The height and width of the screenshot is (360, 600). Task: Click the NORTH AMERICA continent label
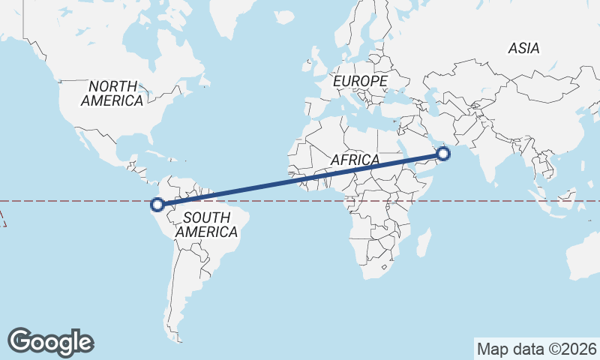pyautogui.click(x=112, y=93)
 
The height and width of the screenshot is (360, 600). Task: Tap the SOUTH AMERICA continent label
pyautogui.click(x=206, y=225)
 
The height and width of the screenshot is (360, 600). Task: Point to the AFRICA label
pyautogui.click(x=355, y=160)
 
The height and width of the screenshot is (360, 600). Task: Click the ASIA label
pyautogui.click(x=523, y=48)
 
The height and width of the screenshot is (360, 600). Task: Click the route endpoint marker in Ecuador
pyautogui.click(x=157, y=204)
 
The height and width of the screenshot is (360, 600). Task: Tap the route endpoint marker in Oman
pyautogui.click(x=443, y=154)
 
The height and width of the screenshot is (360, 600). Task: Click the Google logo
pyautogui.click(x=51, y=342)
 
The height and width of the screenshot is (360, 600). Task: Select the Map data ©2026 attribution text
pyautogui.click(x=537, y=349)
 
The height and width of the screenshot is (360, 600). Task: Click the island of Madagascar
pyautogui.click(x=424, y=242)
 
